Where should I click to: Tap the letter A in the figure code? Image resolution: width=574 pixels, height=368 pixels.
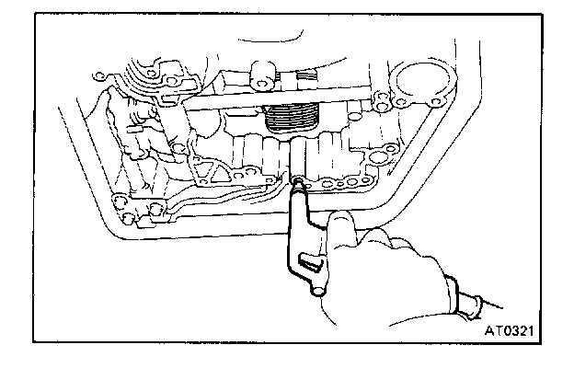[x=488, y=326]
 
